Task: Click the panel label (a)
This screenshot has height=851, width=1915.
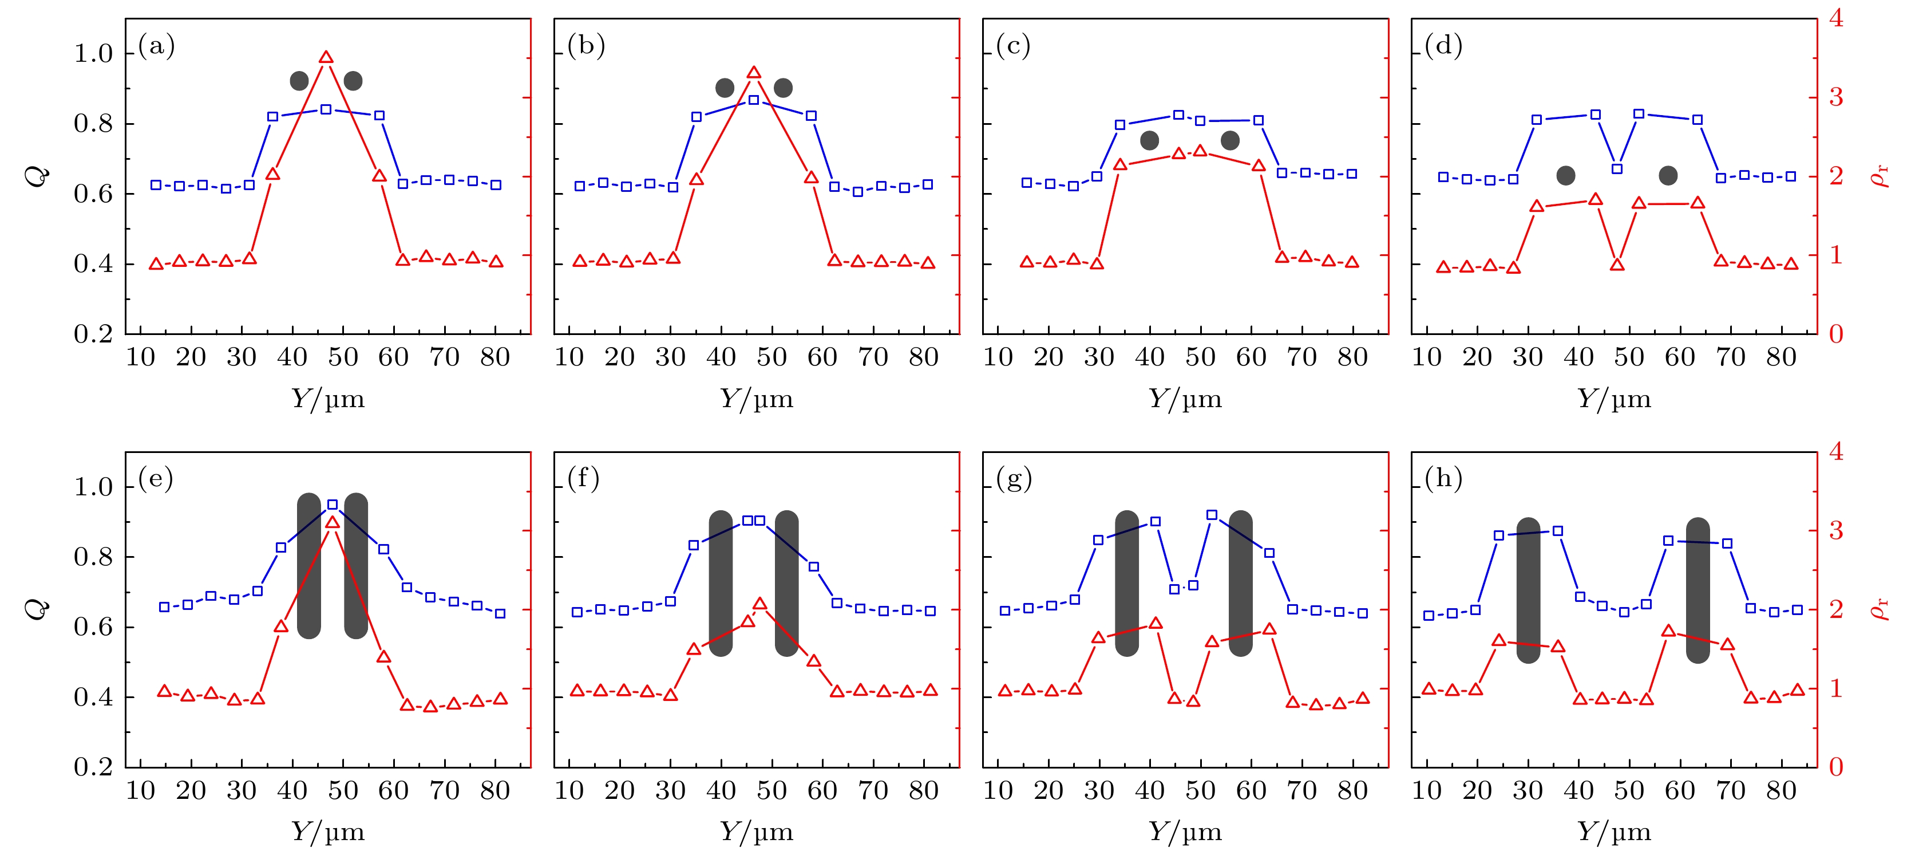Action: [156, 46]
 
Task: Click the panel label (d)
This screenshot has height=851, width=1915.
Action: [1443, 46]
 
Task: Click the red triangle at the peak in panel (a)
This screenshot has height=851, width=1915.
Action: [326, 57]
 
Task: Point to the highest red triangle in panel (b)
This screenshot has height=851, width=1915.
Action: [754, 73]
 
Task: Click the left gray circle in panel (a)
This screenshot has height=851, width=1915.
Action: [299, 81]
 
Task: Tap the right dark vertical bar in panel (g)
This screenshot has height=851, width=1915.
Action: [1240, 583]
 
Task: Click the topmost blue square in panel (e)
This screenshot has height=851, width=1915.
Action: [333, 505]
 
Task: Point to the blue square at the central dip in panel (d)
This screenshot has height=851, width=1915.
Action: [1617, 169]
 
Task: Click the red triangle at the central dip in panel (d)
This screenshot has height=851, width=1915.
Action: [1617, 265]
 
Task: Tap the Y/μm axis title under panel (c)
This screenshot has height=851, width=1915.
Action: [1185, 400]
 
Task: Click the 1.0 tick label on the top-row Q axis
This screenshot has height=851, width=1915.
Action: [93, 54]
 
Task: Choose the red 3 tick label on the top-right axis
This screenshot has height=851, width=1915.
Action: [1835, 97]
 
